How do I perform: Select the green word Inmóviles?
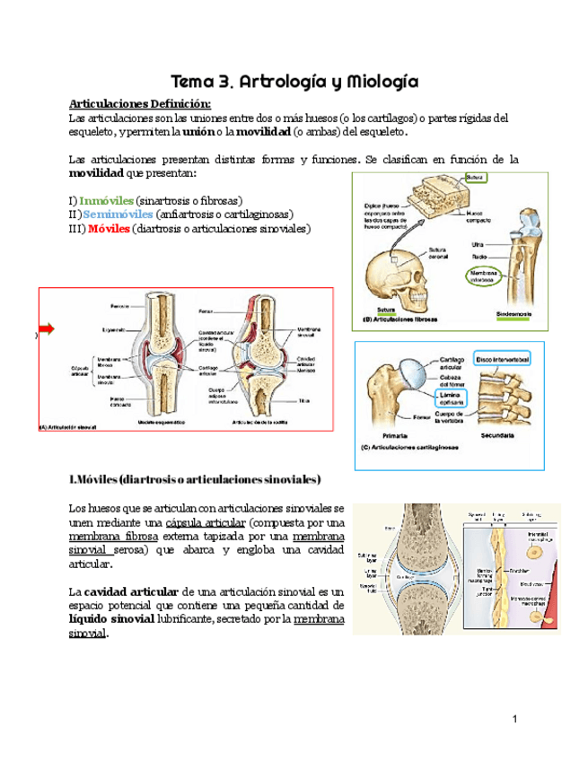coord(106,199)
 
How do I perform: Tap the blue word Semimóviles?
coord(117,214)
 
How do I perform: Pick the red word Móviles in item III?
coord(109,230)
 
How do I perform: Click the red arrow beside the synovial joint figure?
coord(47,329)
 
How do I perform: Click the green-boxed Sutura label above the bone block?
coord(476,178)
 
